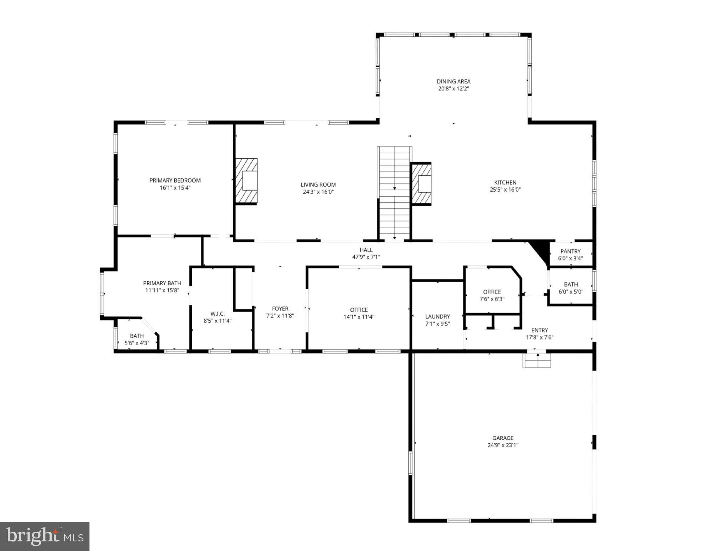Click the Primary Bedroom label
click(175, 180)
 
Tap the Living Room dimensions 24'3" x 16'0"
click(318, 192)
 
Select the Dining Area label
click(453, 81)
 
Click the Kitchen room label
click(505, 182)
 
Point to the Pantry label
click(570, 251)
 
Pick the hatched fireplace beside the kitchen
click(421, 183)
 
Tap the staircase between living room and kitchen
click(395, 193)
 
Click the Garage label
click(503, 438)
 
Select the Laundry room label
click(437, 316)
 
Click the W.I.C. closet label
click(217, 313)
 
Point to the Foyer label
click(280, 308)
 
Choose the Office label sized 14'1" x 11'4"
click(359, 310)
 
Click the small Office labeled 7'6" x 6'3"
click(492, 292)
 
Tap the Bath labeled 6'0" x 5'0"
click(571, 284)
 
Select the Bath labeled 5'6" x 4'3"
click(137, 336)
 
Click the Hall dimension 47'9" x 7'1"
click(366, 257)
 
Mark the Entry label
click(539, 330)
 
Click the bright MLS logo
click(45, 536)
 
